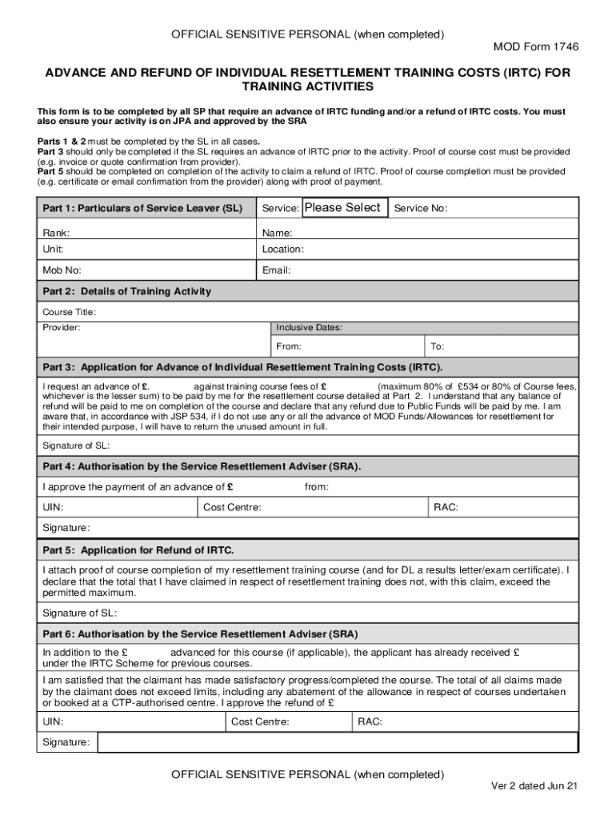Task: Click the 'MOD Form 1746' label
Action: (x=535, y=47)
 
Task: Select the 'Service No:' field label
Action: (x=421, y=209)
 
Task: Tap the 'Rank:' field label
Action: (x=56, y=233)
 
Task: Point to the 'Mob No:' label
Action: (x=62, y=270)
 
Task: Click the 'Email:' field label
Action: (x=277, y=270)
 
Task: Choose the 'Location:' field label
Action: (x=283, y=250)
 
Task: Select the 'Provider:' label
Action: (x=62, y=328)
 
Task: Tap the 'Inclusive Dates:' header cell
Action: (x=310, y=328)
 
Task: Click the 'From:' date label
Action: (x=289, y=347)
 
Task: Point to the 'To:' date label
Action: (x=438, y=347)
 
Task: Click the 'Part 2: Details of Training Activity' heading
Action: (x=126, y=291)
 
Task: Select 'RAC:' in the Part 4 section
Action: (x=446, y=507)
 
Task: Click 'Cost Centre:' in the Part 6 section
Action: (x=260, y=722)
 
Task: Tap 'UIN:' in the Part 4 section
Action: (x=53, y=507)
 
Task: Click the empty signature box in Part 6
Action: (x=336, y=742)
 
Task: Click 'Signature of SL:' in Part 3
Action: (x=77, y=445)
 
